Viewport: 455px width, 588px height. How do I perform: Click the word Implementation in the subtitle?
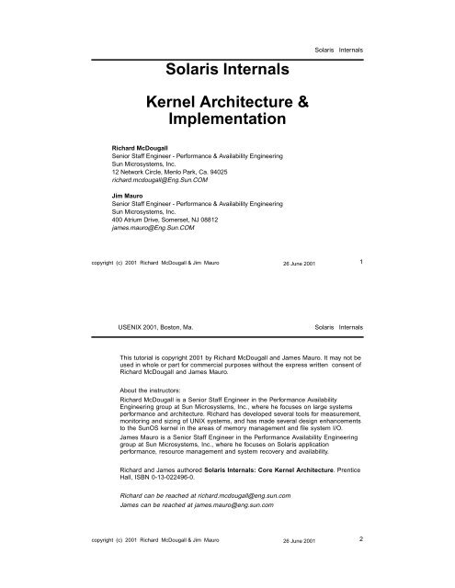(x=225, y=120)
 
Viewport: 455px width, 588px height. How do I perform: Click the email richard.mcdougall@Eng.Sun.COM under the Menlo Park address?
(x=148, y=180)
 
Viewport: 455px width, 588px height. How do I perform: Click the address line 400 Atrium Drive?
(x=134, y=221)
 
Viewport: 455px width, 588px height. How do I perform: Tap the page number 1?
(x=362, y=262)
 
